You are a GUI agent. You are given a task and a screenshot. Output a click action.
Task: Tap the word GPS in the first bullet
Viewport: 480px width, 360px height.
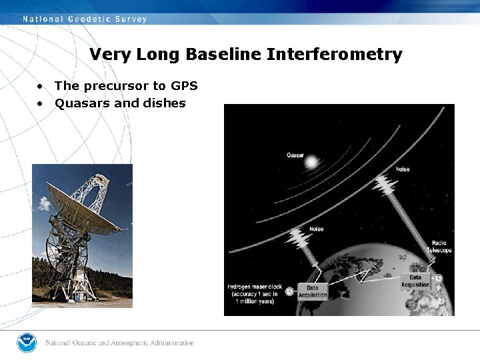pyautogui.click(x=184, y=86)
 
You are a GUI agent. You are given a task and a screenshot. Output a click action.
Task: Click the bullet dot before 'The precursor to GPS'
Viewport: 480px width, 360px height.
pyautogui.click(x=41, y=87)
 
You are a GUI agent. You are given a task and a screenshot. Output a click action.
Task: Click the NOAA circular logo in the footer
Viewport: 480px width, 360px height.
pyautogui.click(x=27, y=343)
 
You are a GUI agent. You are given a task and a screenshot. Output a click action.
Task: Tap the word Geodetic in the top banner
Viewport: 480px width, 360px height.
pyautogui.click(x=89, y=19)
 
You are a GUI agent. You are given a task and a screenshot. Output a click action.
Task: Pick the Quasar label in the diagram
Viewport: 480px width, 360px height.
pyautogui.click(x=296, y=155)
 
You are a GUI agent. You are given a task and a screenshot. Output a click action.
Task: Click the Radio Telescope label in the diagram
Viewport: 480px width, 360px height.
pyautogui.click(x=441, y=247)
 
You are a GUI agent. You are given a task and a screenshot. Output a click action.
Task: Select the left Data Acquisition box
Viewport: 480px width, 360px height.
pyautogui.click(x=313, y=291)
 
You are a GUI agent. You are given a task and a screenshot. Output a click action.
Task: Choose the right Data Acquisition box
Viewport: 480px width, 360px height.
pyautogui.click(x=415, y=281)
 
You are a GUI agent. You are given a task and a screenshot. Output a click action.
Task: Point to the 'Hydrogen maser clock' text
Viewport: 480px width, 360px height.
pyautogui.click(x=255, y=287)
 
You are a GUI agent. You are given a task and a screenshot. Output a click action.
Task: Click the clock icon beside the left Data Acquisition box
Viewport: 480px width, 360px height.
pyautogui.click(x=289, y=290)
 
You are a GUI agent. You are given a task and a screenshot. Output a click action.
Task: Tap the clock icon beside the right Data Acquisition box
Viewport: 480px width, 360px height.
pyautogui.click(x=439, y=278)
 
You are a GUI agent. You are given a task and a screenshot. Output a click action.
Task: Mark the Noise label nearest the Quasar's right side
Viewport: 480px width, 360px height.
pyautogui.click(x=402, y=169)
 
